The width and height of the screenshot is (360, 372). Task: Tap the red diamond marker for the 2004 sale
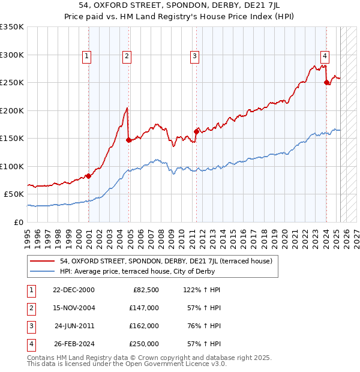click(129, 140)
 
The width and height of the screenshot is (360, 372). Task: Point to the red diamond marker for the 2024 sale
click(326, 83)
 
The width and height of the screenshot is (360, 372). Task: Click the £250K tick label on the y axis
click(12, 82)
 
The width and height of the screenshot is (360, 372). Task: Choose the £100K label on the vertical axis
click(12, 166)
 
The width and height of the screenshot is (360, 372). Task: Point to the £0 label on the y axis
click(18, 222)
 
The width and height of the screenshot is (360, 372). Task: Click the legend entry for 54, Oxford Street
click(166, 261)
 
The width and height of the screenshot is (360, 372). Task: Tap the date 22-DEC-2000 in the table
click(74, 290)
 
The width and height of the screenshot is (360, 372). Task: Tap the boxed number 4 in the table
click(30, 344)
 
